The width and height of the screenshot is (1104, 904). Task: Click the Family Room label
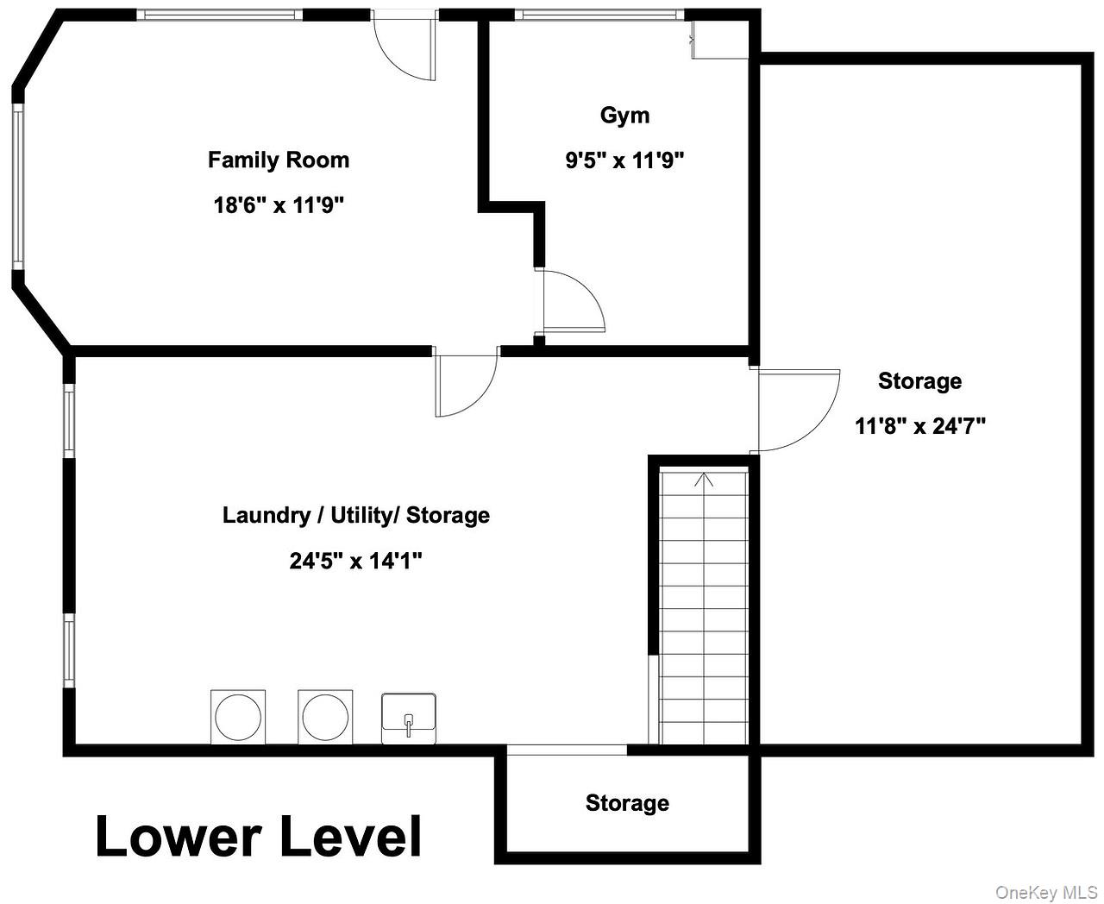pos(279,160)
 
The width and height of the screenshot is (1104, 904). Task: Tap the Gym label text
pos(624,116)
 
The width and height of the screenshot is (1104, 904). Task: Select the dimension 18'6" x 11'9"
pos(279,204)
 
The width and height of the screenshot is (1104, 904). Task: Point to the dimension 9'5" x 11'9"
pos(624,160)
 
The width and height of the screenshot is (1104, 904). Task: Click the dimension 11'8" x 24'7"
pos(919,425)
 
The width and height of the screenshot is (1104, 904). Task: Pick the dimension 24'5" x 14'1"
pos(356,561)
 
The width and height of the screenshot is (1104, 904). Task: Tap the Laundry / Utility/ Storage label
pos(356,516)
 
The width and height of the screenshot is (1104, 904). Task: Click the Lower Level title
pos(258,836)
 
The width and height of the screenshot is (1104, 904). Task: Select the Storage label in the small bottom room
pos(627,803)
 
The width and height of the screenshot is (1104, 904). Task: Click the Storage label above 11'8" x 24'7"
pos(919,381)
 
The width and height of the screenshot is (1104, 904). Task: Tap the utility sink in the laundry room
pos(408,719)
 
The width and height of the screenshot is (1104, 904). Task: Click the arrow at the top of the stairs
pos(704,480)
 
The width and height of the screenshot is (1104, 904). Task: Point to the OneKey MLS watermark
pos(1046,893)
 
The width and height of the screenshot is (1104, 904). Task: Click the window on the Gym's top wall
pos(599,15)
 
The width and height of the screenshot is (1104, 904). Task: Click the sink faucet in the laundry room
pos(409,725)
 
